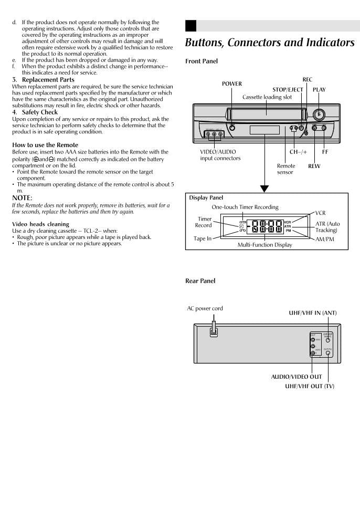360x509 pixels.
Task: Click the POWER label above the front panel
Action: (231, 84)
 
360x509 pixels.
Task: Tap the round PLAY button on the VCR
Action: (318, 116)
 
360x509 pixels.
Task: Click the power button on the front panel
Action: (232, 128)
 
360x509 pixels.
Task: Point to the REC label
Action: (307, 80)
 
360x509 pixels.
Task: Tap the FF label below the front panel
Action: (325, 152)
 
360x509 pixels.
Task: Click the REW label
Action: (314, 166)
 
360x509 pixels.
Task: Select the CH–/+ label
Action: (298, 152)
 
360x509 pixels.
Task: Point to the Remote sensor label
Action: (285, 169)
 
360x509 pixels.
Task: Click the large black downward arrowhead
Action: (264, 188)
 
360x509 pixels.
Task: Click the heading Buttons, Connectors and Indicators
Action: (270, 43)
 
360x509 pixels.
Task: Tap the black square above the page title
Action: (190, 26)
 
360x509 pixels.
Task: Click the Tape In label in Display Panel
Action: (202, 238)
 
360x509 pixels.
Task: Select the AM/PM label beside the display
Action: (324, 239)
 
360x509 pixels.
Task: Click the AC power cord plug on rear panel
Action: (214, 333)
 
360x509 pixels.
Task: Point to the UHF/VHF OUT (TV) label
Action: (309, 387)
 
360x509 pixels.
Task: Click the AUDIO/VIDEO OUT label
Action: (296, 377)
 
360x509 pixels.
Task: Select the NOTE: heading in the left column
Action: (22, 198)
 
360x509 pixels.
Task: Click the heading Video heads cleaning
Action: (40, 224)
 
